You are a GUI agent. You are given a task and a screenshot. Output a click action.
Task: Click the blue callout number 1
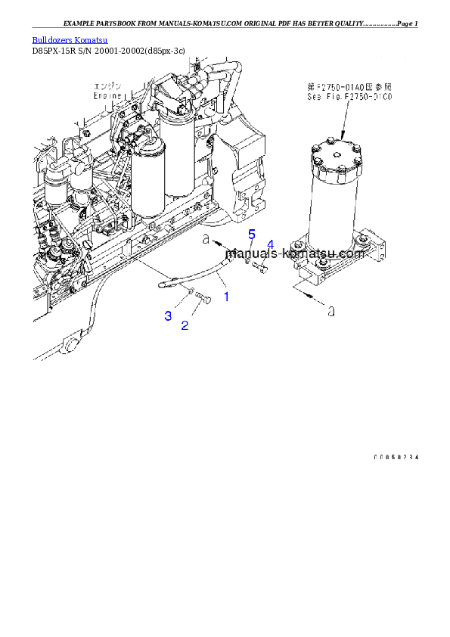point(225,297)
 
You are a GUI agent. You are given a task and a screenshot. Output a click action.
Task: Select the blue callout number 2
point(184,325)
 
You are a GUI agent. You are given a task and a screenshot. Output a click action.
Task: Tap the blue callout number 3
point(168,315)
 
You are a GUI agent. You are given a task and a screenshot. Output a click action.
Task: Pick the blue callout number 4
point(270,244)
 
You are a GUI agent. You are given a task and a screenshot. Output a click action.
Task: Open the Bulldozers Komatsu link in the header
point(70,39)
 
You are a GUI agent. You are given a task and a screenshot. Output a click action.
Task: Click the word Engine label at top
point(107,96)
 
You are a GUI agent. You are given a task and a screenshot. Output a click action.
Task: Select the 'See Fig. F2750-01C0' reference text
point(345,97)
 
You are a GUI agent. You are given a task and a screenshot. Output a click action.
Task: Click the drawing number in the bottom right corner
point(396,458)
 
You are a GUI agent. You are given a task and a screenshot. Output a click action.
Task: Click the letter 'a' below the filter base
point(331,309)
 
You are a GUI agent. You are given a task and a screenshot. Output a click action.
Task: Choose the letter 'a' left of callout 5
point(205,239)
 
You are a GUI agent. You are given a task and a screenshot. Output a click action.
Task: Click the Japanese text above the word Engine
point(107,85)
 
